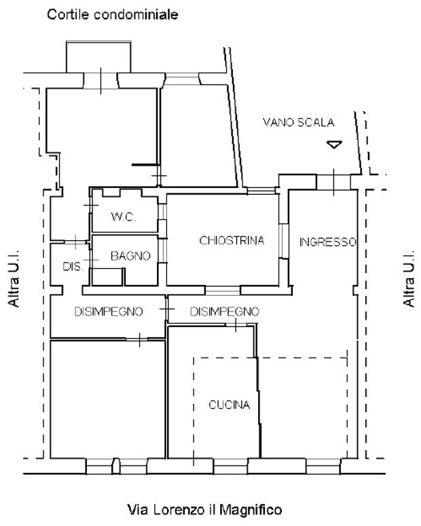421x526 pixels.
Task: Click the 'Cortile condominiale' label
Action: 113,15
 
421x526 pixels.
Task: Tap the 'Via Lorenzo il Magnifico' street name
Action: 204,510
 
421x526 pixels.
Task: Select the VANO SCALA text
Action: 299,122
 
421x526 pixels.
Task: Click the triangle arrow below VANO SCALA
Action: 334,145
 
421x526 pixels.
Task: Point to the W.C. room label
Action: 124,217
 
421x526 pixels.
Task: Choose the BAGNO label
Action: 130,256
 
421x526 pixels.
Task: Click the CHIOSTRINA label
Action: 232,240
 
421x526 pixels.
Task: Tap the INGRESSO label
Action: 328,242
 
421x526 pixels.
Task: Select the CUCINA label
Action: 230,405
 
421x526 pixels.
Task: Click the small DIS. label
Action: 73,266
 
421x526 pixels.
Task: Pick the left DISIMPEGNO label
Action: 109,312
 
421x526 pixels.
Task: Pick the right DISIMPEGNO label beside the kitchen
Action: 225,312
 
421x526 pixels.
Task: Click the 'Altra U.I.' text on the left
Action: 14,278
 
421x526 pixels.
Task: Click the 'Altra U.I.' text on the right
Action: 409,278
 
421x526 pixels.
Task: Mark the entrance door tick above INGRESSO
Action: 333,182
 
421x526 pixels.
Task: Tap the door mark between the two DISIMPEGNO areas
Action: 166,309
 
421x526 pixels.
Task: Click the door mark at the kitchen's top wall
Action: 236,324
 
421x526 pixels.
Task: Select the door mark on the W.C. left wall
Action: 90,205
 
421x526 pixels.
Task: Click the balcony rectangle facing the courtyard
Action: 98,57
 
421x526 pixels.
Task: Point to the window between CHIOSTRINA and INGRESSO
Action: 284,241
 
